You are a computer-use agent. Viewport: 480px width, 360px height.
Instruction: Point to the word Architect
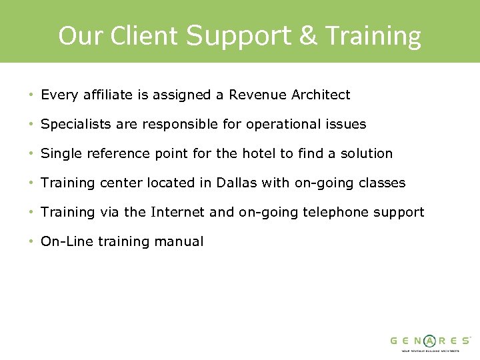coord(321,95)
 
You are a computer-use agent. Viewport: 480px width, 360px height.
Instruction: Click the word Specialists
coord(75,125)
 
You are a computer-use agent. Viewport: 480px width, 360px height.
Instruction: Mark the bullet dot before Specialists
coord(31,125)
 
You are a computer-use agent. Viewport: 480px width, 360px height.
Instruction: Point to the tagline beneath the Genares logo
coord(430,351)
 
